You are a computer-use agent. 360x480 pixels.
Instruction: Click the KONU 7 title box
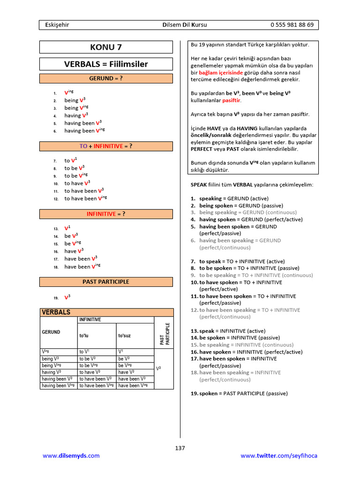coord(106,47)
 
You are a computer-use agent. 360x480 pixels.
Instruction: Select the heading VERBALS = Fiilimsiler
coord(106,64)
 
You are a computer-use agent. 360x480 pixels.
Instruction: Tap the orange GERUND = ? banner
coord(106,78)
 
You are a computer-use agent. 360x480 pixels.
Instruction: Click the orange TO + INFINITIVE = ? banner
coord(106,146)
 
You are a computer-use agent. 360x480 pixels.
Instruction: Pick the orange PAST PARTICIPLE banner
coord(106,282)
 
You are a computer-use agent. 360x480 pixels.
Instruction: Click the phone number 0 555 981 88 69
coord(292,25)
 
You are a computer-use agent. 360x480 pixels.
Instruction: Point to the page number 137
coord(180,448)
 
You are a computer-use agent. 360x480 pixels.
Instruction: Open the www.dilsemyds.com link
coord(71,456)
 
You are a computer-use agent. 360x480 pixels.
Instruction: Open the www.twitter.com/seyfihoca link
coord(279,456)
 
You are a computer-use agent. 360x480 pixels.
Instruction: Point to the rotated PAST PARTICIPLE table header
coord(164,334)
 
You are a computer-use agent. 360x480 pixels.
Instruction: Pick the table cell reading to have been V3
coord(95,379)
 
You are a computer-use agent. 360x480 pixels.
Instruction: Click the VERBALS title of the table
coord(56,312)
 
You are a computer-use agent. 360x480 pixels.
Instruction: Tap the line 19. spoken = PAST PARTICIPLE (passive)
coord(243,393)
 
